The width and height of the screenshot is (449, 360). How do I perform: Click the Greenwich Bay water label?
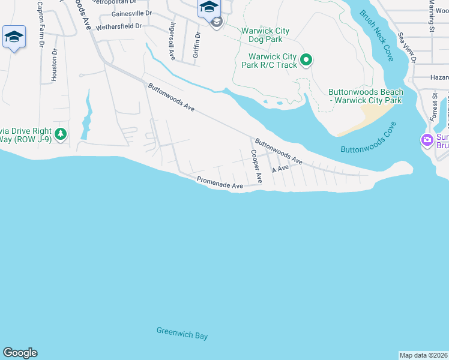click(x=182, y=333)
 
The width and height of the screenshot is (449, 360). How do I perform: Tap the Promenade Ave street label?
click(x=220, y=184)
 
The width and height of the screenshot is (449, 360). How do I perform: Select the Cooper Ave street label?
click(x=256, y=166)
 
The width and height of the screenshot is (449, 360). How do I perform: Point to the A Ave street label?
click(x=280, y=170)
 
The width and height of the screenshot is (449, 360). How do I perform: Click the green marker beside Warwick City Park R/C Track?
click(x=306, y=59)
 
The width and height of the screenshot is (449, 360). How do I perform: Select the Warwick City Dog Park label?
click(x=265, y=35)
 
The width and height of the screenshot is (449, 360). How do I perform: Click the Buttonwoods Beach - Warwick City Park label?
click(x=366, y=96)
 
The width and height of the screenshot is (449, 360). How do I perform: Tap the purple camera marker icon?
click(x=427, y=140)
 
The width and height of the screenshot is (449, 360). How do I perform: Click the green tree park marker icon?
click(x=60, y=134)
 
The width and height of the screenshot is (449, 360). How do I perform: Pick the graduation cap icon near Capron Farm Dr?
click(x=14, y=37)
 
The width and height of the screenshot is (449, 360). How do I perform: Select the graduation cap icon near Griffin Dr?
click(x=209, y=7)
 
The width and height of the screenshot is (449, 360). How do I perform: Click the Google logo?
click(x=20, y=353)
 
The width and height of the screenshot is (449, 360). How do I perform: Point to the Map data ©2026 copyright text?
click(x=423, y=355)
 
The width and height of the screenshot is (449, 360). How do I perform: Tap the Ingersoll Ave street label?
click(x=172, y=42)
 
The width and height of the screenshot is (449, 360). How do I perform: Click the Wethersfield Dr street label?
click(x=119, y=26)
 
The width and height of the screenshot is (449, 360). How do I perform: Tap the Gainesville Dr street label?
click(x=132, y=13)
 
